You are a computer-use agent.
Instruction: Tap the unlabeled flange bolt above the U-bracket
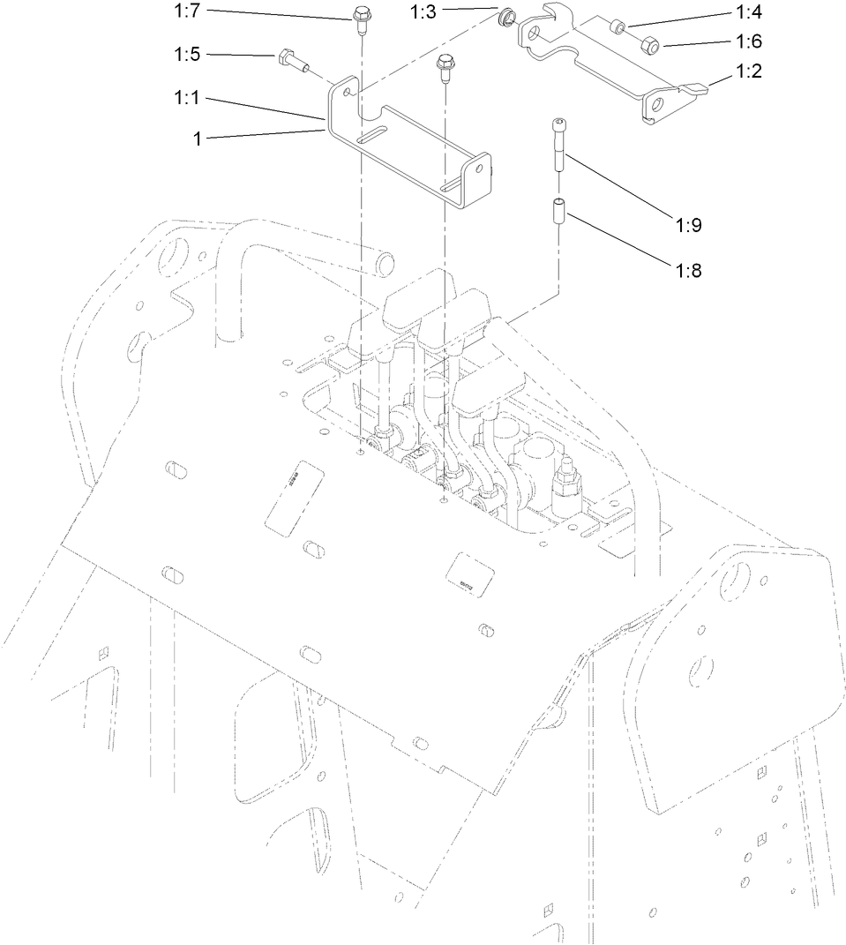point(444,65)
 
